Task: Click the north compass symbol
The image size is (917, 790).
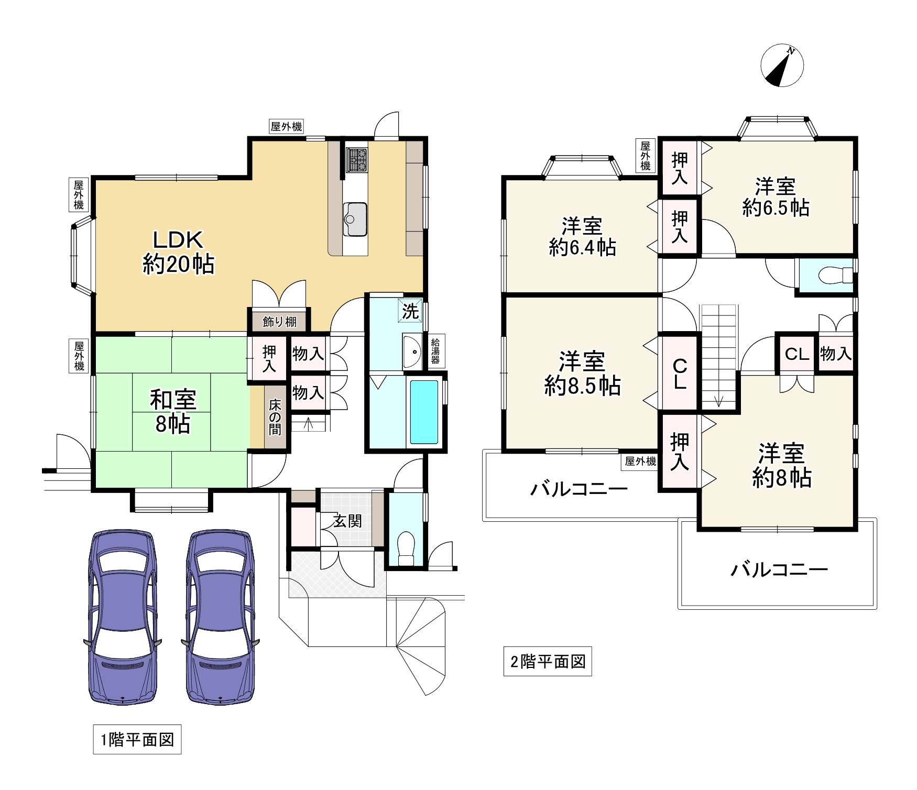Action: pyautogui.click(x=782, y=65)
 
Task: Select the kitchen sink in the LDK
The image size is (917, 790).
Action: pyautogui.click(x=355, y=219)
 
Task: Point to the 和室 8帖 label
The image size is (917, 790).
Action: pyautogui.click(x=173, y=412)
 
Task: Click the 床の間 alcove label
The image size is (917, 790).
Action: pyautogui.click(x=275, y=417)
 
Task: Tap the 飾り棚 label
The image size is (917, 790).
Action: pyautogui.click(x=279, y=322)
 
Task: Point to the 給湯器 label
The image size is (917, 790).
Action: pyautogui.click(x=435, y=351)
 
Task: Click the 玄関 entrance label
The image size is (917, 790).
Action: pyautogui.click(x=347, y=521)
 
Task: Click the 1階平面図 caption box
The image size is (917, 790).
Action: pyautogui.click(x=137, y=740)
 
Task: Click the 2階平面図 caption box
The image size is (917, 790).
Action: pyautogui.click(x=548, y=662)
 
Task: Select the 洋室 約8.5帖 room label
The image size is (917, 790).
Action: pyautogui.click(x=582, y=374)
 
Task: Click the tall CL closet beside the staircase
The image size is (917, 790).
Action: pyautogui.click(x=680, y=374)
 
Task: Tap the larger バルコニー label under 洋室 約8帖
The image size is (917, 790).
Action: pyautogui.click(x=779, y=569)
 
